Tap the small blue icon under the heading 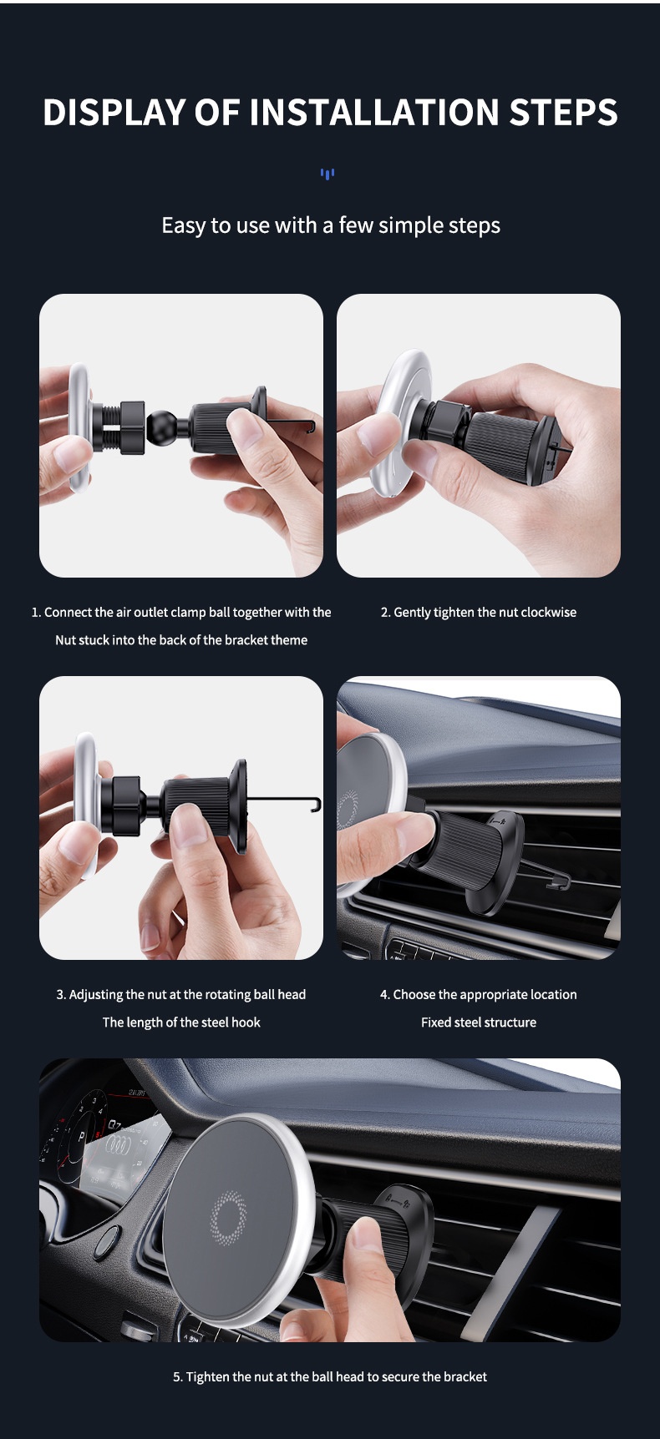tap(327, 174)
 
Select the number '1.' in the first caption tap(36, 612)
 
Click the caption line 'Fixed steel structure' tap(479, 1022)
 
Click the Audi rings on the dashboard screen tap(124, 1148)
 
